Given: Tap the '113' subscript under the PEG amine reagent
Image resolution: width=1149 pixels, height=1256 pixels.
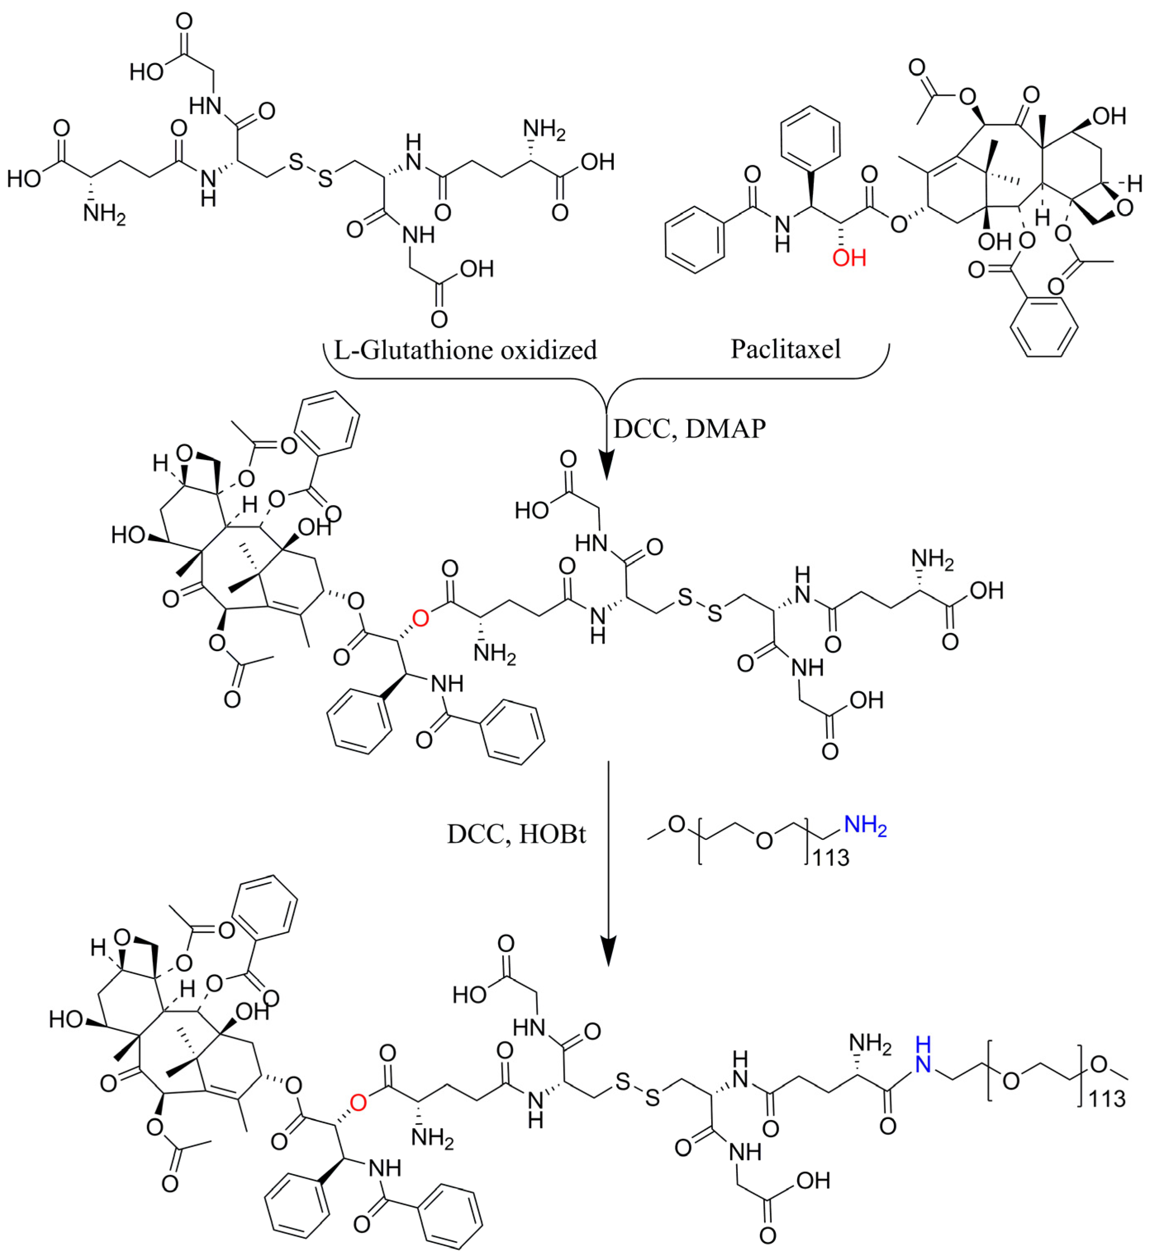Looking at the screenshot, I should [x=831, y=858].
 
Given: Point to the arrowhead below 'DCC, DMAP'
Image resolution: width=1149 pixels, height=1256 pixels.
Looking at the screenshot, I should [x=607, y=467].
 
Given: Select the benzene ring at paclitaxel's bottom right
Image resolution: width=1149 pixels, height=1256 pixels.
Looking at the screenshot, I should [x=1043, y=327].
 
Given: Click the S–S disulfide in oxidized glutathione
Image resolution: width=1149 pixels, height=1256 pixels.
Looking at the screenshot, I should [x=310, y=170].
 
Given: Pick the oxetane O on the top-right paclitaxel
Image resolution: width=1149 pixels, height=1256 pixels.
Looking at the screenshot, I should [x=1124, y=208].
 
